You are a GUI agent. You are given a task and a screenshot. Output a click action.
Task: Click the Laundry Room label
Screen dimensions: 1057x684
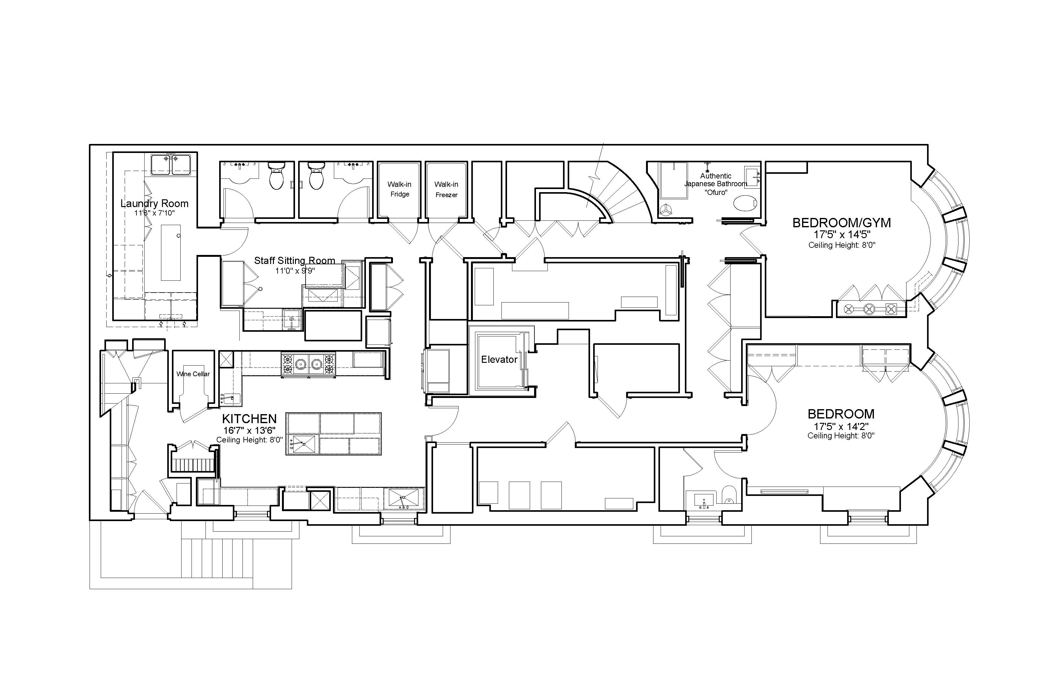pyautogui.click(x=154, y=203)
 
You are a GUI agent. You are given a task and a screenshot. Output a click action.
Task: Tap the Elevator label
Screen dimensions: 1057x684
pyautogui.click(x=499, y=359)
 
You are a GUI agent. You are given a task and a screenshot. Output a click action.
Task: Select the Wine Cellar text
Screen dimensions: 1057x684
pyautogui.click(x=193, y=374)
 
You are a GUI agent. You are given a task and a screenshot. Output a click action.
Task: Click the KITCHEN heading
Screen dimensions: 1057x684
pyautogui.click(x=249, y=418)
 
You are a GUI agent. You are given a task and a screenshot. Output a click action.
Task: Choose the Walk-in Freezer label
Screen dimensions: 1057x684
pyautogui.click(x=446, y=189)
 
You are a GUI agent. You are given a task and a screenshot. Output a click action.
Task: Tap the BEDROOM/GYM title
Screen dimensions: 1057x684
pyautogui.click(x=842, y=223)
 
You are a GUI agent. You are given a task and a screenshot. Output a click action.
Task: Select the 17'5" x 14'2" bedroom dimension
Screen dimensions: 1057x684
pyautogui.click(x=841, y=426)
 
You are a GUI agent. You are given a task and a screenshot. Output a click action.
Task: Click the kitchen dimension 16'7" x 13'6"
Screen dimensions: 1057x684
pyautogui.click(x=249, y=430)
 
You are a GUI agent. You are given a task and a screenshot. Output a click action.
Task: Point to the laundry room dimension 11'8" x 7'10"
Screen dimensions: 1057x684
pyautogui.click(x=155, y=213)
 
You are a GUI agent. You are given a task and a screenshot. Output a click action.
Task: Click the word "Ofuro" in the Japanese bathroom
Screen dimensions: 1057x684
pyautogui.click(x=716, y=192)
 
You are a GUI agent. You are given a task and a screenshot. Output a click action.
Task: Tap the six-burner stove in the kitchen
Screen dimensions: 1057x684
pyautogui.click(x=308, y=364)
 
